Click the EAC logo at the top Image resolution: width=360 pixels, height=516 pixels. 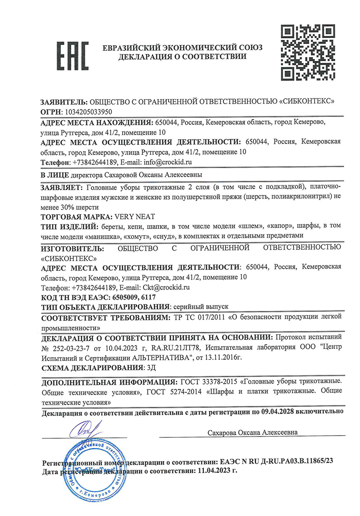tap(72, 56)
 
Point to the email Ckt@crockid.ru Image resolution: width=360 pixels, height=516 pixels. tap(168, 288)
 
